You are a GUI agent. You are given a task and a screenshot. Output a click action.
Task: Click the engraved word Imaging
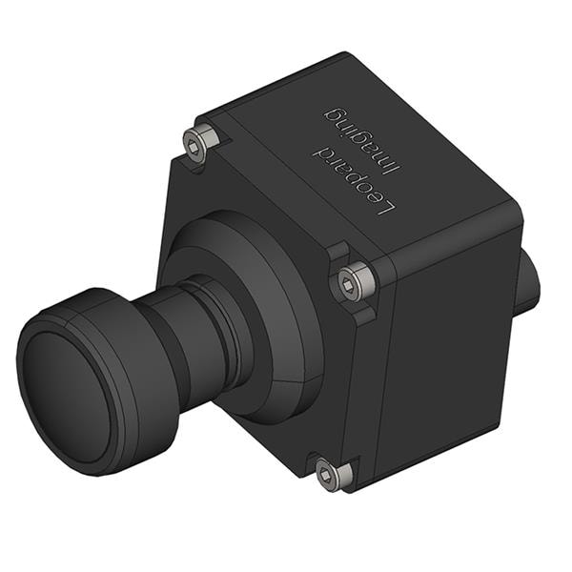coord(346,135)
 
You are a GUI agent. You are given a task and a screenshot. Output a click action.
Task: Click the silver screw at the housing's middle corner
coord(355,281)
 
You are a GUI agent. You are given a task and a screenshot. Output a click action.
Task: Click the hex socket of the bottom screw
coord(327,472)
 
